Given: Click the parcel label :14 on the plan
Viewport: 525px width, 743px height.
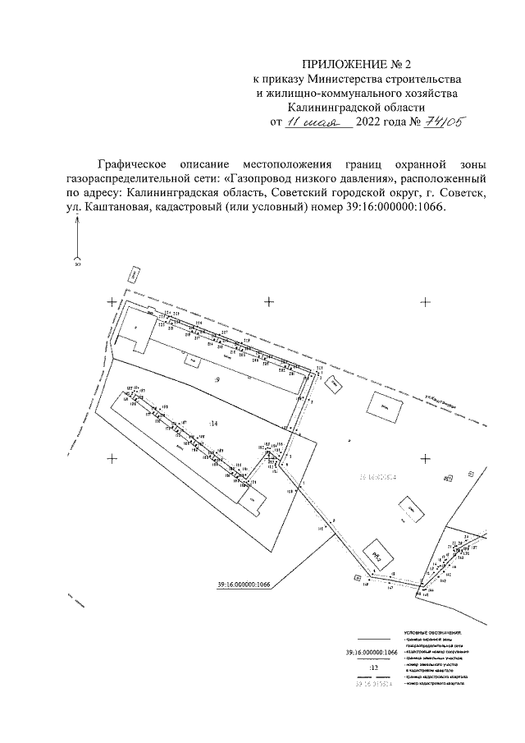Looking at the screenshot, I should (x=213, y=423).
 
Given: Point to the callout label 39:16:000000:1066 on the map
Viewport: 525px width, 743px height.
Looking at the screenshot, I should (x=244, y=585).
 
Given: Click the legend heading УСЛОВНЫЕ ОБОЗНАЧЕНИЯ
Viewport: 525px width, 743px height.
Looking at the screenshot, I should (x=434, y=631).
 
